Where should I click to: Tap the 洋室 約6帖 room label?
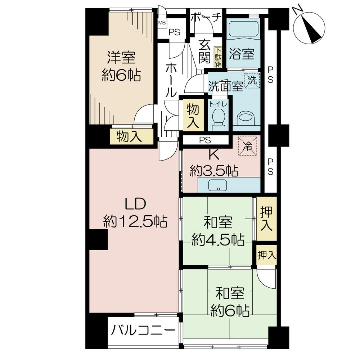pos(121,67)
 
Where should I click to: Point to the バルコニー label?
pos(143,329)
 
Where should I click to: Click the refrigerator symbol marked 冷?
pos(248,145)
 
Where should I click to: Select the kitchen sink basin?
pos(219,186)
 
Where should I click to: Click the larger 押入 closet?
pos(266,219)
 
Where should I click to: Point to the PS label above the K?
pos(206,139)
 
